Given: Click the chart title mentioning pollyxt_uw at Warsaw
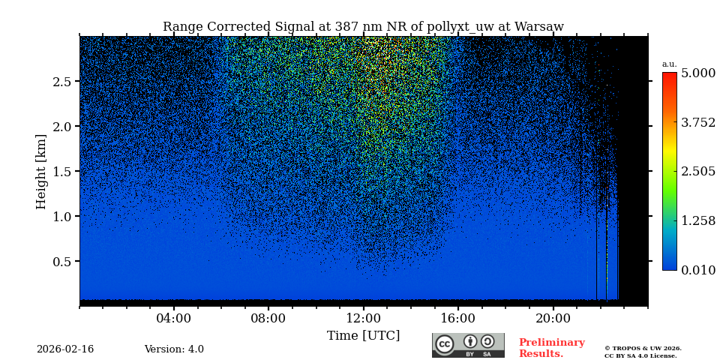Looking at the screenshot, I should pos(363,27).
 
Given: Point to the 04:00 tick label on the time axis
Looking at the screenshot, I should pos(174,318).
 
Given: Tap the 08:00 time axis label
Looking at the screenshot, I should pos(268,318).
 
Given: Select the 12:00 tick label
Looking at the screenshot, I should pos(363,318).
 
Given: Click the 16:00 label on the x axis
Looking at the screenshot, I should pos(458,318).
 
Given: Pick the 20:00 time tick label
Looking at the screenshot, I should pos(553,318).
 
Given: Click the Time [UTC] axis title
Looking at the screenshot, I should pos(363,335).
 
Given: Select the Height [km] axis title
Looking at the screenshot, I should pos(41,172).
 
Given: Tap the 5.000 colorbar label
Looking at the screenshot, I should pos(697,73).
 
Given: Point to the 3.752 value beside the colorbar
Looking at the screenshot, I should pos(697,122).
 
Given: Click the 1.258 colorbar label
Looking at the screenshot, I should pos(697,220).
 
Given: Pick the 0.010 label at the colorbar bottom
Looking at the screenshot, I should pos(697,270).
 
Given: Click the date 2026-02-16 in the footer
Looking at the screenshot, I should pos(65,349).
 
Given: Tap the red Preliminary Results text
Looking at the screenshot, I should pos(551,348).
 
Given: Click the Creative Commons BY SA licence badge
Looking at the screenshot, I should pos(468,345).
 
